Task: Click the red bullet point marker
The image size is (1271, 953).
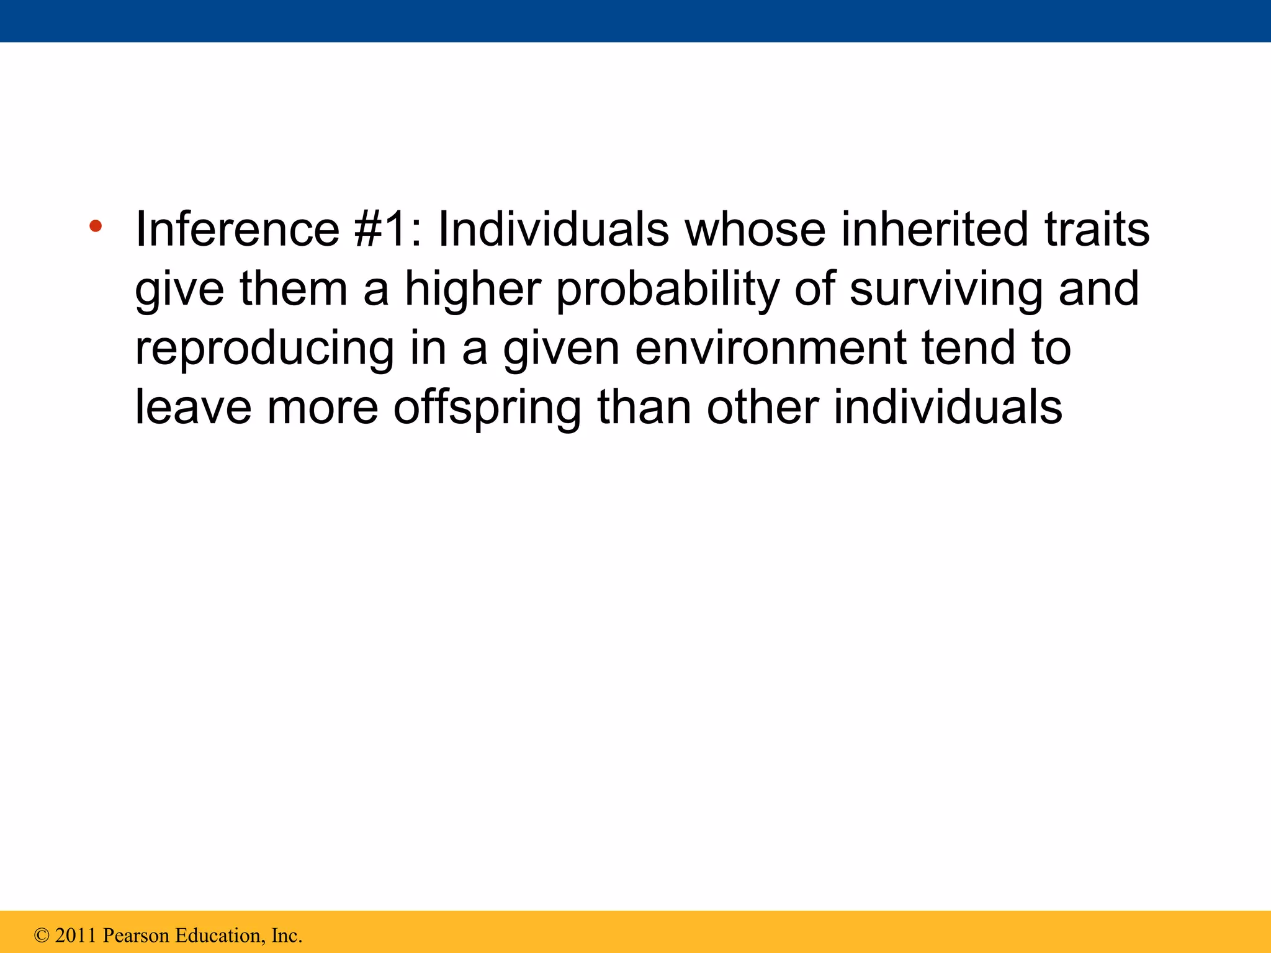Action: (x=95, y=226)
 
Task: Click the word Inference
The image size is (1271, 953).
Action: (x=237, y=229)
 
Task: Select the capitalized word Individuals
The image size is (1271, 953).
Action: (x=553, y=229)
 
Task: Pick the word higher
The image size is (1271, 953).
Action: (x=473, y=289)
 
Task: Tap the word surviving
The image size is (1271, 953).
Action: (x=946, y=289)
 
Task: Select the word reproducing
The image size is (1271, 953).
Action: (x=264, y=349)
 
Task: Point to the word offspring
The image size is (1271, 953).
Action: (x=487, y=408)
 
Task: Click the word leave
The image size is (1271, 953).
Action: (x=193, y=407)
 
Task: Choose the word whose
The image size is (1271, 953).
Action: (x=755, y=229)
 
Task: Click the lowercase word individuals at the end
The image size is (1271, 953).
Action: (x=948, y=407)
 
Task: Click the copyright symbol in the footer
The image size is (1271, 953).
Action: (x=42, y=935)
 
